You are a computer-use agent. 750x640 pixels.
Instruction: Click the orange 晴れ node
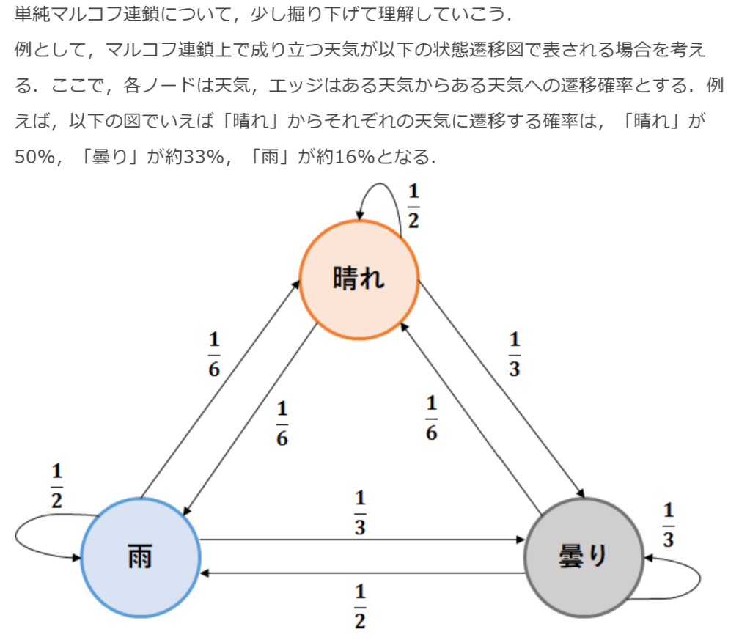(359, 279)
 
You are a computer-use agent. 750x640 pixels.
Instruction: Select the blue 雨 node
(140, 556)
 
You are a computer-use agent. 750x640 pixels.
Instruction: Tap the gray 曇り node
(584, 556)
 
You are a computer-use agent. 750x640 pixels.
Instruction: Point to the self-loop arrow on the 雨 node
(29, 539)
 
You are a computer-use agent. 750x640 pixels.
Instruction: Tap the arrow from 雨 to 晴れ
(220, 389)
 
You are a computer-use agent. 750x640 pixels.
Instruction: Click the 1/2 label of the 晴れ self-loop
(413, 206)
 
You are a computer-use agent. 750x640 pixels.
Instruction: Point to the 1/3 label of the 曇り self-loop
(668, 525)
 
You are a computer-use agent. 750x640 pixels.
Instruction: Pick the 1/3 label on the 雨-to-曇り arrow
(360, 513)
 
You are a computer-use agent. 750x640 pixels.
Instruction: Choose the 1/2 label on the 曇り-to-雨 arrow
(360, 606)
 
